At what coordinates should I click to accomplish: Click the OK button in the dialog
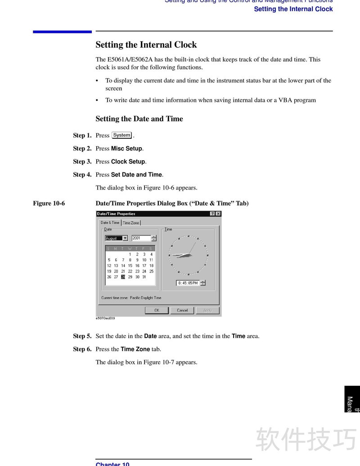pyautogui.click(x=157, y=310)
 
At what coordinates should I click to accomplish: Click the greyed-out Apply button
pyautogui.click(x=207, y=310)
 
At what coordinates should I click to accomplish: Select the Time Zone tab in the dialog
pyautogui.click(x=131, y=223)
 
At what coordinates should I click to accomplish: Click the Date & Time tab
pyautogui.click(x=110, y=222)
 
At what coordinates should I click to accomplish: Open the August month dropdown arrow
pyautogui.click(x=125, y=238)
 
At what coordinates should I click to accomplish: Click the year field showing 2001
pyautogui.click(x=141, y=238)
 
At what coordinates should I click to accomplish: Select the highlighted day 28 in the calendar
pyautogui.click(x=123, y=277)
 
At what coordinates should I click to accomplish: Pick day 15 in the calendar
pyautogui.click(x=130, y=266)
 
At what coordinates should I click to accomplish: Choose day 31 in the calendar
pyautogui.click(x=144, y=277)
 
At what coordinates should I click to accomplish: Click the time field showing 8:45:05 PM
pyautogui.click(x=188, y=283)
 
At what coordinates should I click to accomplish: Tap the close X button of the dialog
pyautogui.click(x=218, y=214)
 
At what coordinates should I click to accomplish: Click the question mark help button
pyautogui.click(x=212, y=214)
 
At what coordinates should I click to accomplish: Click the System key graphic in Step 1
pyautogui.click(x=121, y=135)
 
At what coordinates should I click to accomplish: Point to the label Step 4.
pyautogui.click(x=82, y=175)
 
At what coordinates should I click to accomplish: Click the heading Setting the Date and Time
pyautogui.click(x=139, y=119)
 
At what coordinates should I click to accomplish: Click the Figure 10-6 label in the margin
pyautogui.click(x=49, y=203)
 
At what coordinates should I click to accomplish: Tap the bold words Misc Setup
pyautogui.click(x=127, y=149)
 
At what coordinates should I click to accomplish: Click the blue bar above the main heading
pyautogui.click(x=62, y=32)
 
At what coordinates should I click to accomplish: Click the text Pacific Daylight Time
pyautogui.click(x=145, y=298)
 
